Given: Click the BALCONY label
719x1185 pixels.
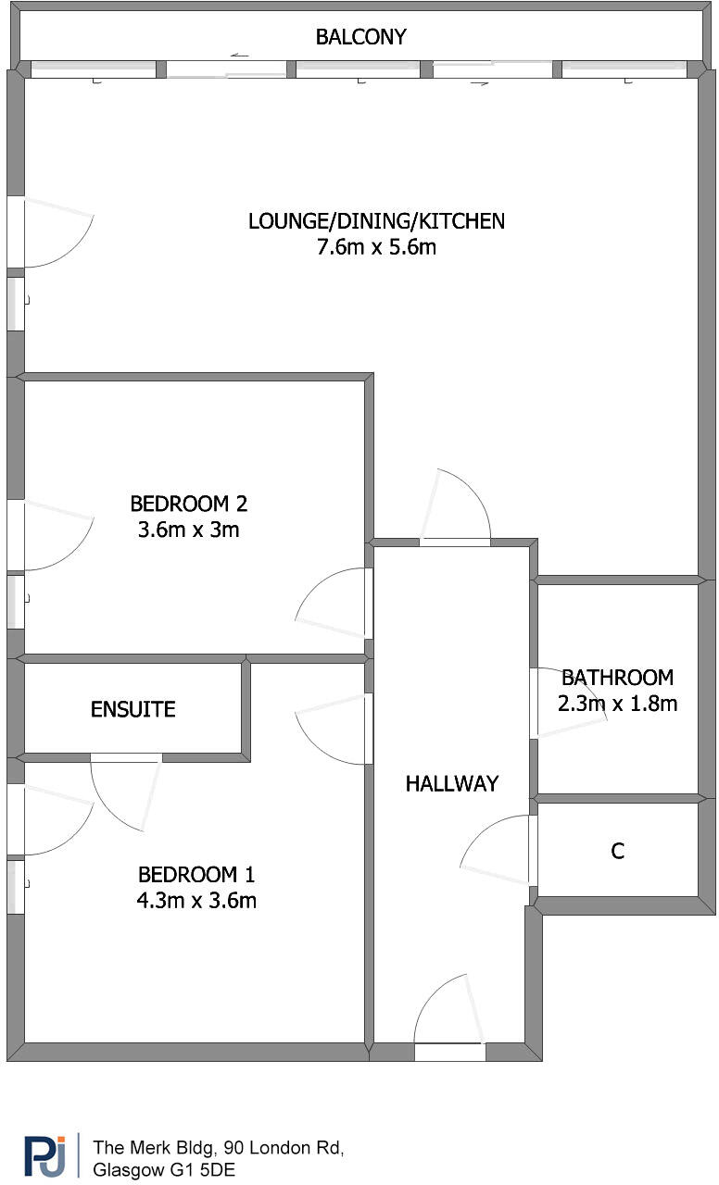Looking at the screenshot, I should [x=360, y=37].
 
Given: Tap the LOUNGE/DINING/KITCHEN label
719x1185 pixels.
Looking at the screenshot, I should [x=376, y=221].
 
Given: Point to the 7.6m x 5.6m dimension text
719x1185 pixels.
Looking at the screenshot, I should [x=376, y=247].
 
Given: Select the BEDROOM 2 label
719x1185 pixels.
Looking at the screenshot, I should [x=188, y=504].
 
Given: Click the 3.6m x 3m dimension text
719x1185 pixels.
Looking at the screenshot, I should [x=188, y=530].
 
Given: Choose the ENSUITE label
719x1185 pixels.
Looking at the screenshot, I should [x=132, y=709].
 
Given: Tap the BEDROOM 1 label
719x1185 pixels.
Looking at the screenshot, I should [x=196, y=874].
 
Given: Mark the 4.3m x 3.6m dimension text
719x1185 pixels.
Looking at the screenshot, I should [x=196, y=900].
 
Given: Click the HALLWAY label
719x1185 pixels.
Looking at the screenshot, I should [x=451, y=783].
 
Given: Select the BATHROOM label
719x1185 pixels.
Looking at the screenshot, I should [x=617, y=677].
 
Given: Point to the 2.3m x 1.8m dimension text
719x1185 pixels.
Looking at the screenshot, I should [x=617, y=703].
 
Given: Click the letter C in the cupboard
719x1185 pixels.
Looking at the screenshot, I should [x=617, y=851].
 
